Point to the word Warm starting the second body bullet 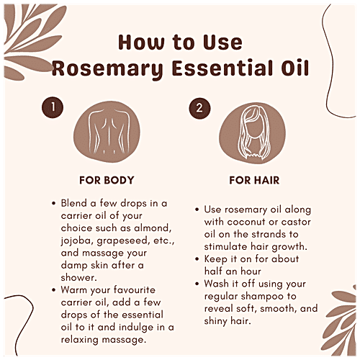click(x=76, y=289)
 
